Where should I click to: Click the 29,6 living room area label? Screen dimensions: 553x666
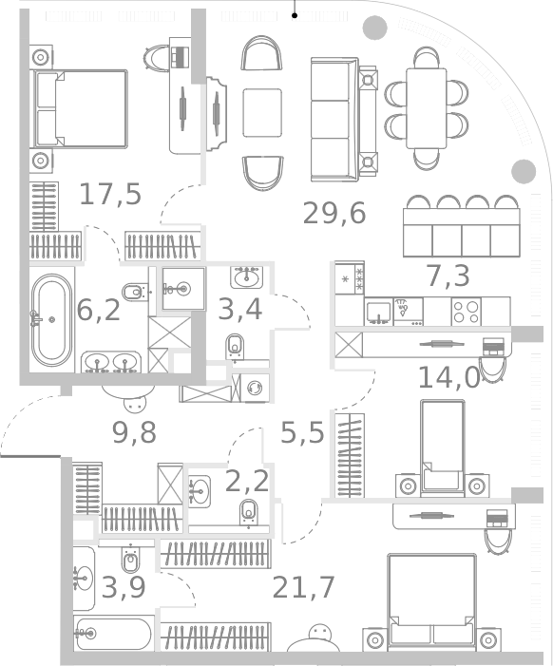click(x=334, y=213)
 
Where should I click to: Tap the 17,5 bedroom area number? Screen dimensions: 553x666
click(x=110, y=194)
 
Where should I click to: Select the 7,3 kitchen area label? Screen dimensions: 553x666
click(x=448, y=276)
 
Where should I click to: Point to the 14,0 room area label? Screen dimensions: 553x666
click(x=448, y=377)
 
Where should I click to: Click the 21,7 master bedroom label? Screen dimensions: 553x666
click(x=303, y=587)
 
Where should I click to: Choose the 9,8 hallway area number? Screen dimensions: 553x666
click(x=134, y=433)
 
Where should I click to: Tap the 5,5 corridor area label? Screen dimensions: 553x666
click(x=302, y=433)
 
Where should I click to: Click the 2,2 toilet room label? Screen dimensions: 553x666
click(x=247, y=481)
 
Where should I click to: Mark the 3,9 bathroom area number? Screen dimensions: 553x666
click(x=124, y=588)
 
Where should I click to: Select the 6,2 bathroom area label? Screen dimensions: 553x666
click(x=99, y=310)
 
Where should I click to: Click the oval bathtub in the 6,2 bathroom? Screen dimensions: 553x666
click(x=52, y=320)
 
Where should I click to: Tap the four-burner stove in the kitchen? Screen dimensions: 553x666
click(x=466, y=312)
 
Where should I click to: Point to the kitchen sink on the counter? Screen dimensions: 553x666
click(x=379, y=312)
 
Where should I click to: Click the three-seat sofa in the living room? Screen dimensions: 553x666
click(x=334, y=120)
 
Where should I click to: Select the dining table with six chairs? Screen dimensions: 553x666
click(x=427, y=108)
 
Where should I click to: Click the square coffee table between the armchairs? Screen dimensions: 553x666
click(x=262, y=112)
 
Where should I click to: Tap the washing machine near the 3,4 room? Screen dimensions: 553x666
click(x=255, y=388)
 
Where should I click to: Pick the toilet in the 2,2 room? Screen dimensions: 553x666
click(x=249, y=513)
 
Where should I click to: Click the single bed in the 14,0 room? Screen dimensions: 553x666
click(x=442, y=448)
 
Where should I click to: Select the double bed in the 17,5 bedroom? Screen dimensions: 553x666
click(x=81, y=109)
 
